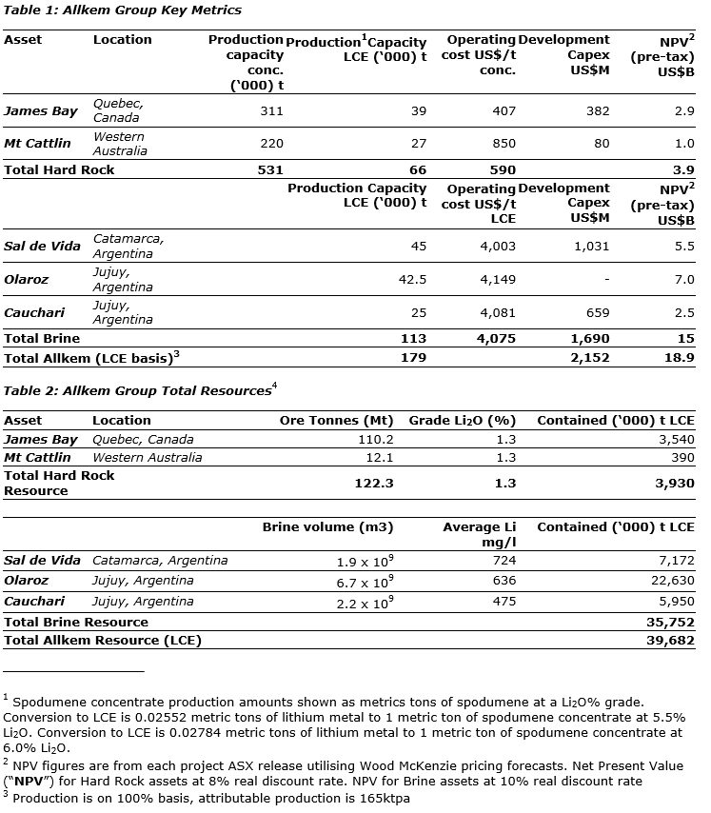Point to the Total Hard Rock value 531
tap(270, 169)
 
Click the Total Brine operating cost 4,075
tap(497, 338)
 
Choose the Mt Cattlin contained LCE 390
tap(682, 457)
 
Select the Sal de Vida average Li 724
tap(504, 561)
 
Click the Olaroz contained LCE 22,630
tap(670, 580)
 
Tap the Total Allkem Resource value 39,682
tap(670, 641)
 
